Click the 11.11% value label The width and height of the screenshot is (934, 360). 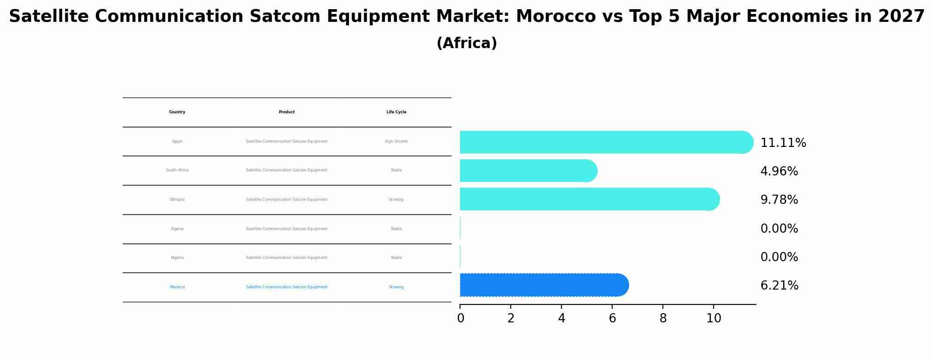coord(783,143)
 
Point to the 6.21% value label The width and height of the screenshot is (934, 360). coord(779,286)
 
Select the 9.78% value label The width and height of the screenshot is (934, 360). coord(779,200)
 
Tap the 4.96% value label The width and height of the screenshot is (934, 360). coord(779,171)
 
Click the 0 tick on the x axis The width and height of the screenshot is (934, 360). coord(460,318)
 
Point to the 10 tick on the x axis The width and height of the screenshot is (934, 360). coord(714,318)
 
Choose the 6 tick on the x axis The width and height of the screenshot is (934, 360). coord(612,318)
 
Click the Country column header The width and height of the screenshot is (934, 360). coord(177,112)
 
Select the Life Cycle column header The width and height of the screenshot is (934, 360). coord(396,112)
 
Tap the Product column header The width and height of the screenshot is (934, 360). coord(286,112)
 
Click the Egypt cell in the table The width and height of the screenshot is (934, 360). coord(177,141)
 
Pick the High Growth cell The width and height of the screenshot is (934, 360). coord(396,141)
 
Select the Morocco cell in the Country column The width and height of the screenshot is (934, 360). coord(177,287)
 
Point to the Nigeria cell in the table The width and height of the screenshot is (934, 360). coord(177,258)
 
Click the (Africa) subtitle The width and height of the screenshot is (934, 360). coord(467,43)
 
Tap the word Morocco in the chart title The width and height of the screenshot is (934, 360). coord(555,17)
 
